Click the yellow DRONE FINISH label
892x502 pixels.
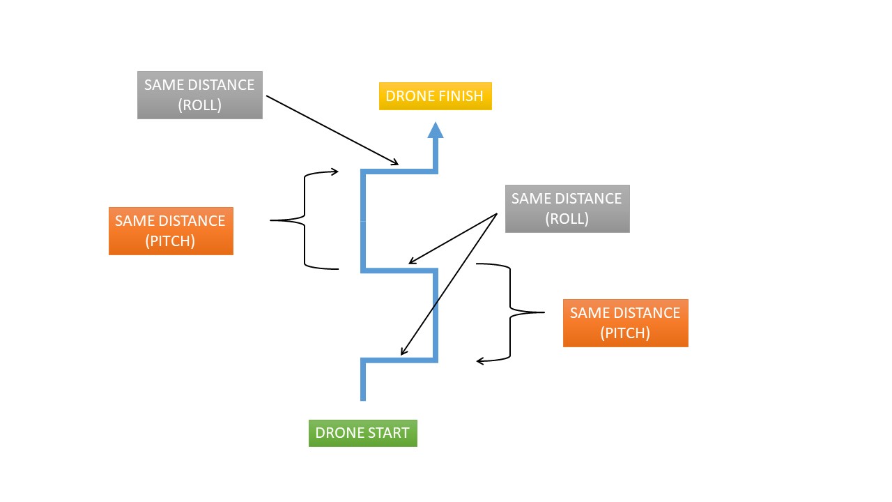pyautogui.click(x=435, y=96)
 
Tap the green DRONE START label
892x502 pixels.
pyautogui.click(x=362, y=433)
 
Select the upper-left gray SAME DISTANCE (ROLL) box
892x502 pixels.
pyautogui.click(x=199, y=95)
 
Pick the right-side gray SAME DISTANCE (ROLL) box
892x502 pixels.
pyautogui.click(x=567, y=208)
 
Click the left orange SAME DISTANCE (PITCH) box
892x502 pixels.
pyautogui.click(x=171, y=231)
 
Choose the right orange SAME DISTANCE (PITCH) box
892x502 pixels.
pyautogui.click(x=625, y=323)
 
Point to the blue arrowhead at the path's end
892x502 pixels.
pyautogui.click(x=436, y=130)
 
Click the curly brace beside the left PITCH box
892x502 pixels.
pyautogui.click(x=305, y=220)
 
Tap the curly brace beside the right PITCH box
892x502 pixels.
pyautogui.click(x=511, y=312)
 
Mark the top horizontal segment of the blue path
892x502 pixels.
pyautogui.click(x=399, y=170)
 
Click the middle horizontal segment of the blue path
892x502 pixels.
pyautogui.click(x=399, y=270)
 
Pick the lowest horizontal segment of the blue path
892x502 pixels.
pyautogui.click(x=399, y=360)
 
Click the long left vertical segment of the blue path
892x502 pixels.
pyautogui.click(x=363, y=220)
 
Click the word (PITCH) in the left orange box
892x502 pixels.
pyautogui.click(x=171, y=241)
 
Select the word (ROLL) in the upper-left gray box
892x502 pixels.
pyautogui.click(x=199, y=105)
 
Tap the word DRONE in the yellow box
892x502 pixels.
pyautogui.click(x=407, y=96)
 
